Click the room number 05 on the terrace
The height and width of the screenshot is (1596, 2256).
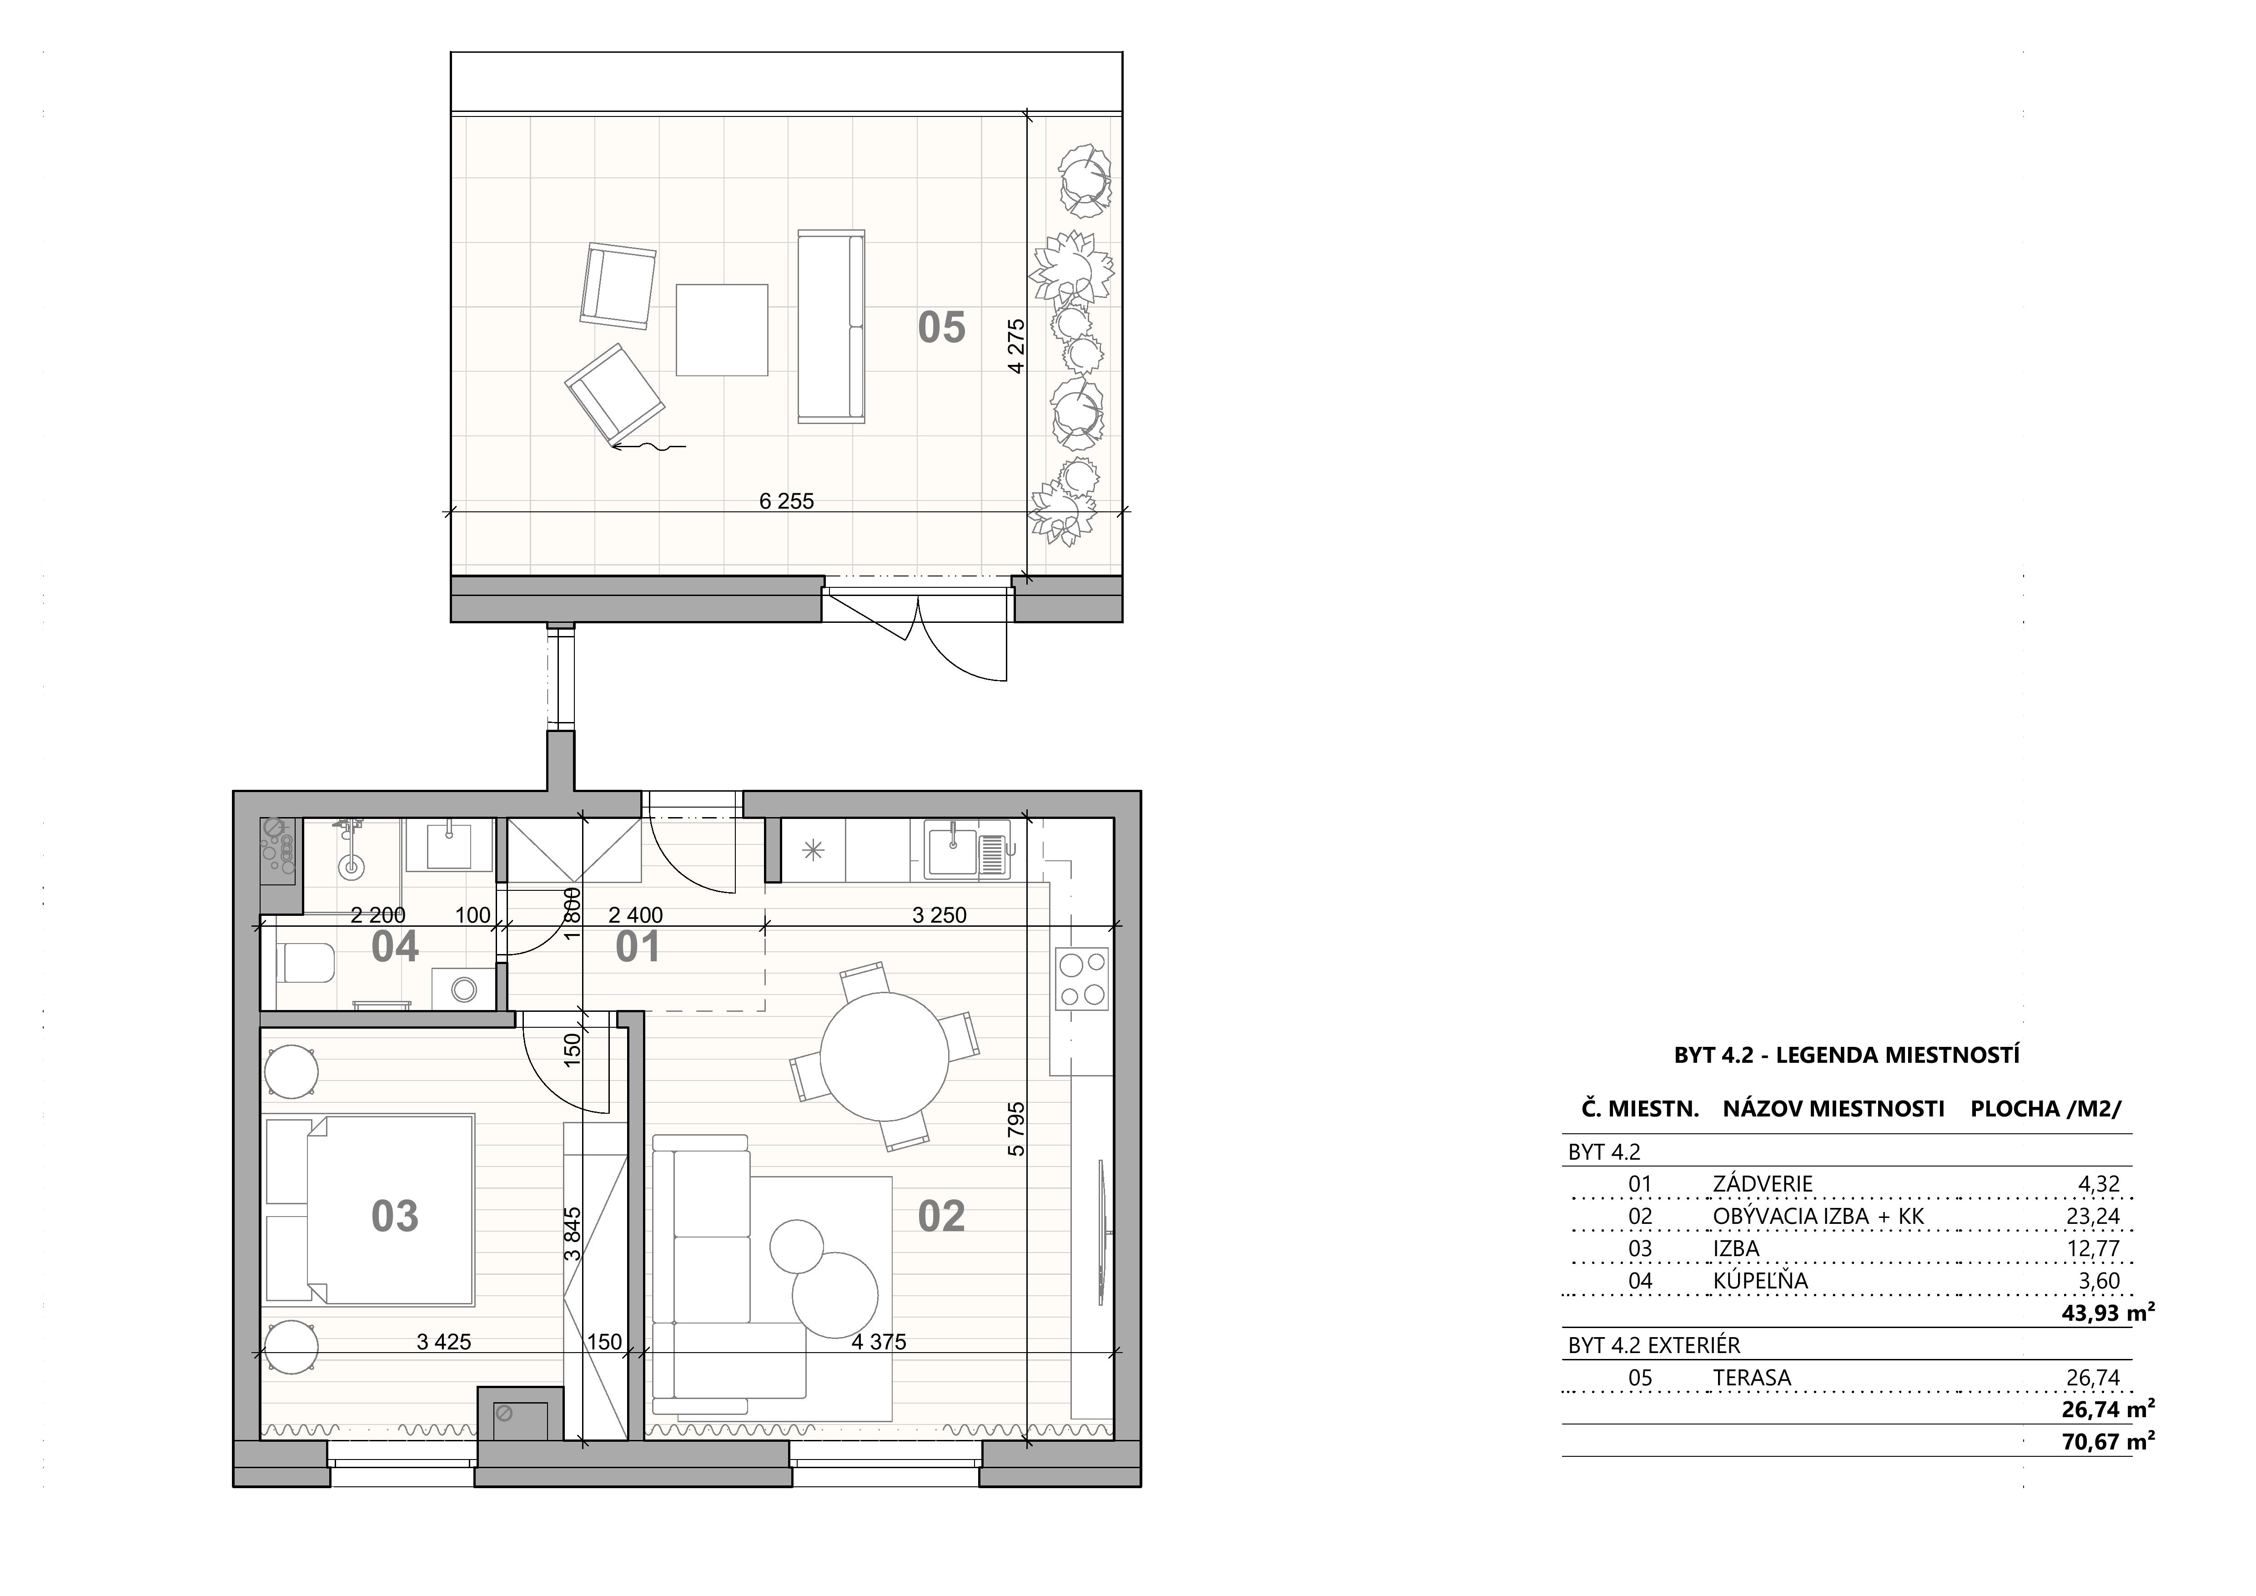tap(941, 327)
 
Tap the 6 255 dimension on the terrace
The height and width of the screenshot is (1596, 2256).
tap(787, 501)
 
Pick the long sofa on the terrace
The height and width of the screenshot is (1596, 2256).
tap(831, 326)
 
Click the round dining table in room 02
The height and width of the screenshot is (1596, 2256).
tap(884, 1056)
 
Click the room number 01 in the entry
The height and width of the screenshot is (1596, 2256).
tap(638, 948)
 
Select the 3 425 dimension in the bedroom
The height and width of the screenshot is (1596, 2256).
tap(444, 1343)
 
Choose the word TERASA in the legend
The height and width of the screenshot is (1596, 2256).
tap(1752, 1378)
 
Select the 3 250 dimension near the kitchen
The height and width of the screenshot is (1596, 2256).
tap(940, 916)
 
